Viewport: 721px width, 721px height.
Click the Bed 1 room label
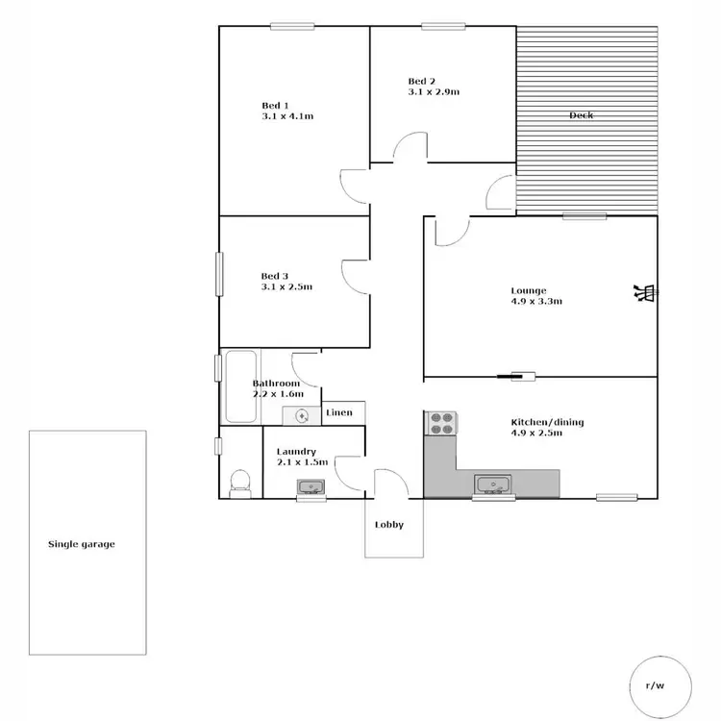coord(275,105)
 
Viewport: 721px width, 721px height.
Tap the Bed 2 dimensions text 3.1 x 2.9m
coord(433,92)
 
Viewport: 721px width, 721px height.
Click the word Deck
coord(581,115)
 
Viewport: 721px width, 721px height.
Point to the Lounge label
coord(529,290)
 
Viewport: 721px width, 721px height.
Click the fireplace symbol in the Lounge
coord(643,292)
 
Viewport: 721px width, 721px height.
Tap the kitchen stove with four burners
coord(441,424)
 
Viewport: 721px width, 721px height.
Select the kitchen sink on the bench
coord(493,483)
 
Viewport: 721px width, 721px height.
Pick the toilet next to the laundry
coord(240,481)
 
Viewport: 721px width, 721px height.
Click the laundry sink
coord(311,487)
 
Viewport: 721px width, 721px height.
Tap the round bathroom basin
coord(302,415)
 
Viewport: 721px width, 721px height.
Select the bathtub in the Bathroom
coord(240,386)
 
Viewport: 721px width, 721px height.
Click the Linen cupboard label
coord(339,413)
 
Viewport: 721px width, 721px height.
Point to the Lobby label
coord(389,525)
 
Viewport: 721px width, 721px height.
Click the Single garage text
coord(82,544)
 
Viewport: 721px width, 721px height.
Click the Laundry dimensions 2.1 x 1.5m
coord(302,462)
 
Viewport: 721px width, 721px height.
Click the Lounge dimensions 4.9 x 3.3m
coord(535,301)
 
